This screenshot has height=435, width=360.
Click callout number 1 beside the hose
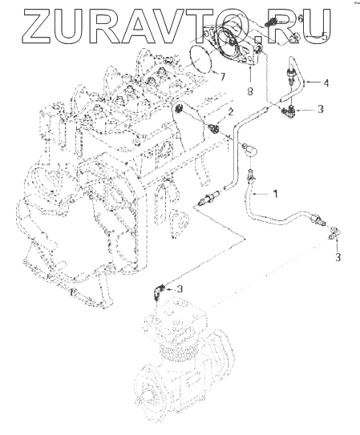point(275,194)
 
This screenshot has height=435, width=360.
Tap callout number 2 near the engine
point(231,112)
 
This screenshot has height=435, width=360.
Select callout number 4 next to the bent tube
point(326,83)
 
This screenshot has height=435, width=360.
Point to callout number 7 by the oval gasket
point(222,77)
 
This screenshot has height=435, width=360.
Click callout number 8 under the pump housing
point(250,91)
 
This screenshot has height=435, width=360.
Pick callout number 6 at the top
point(300,19)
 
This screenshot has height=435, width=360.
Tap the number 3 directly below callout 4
point(321,109)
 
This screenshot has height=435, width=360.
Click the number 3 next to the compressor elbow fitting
point(180,288)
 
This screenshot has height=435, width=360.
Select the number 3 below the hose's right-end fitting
point(338,257)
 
